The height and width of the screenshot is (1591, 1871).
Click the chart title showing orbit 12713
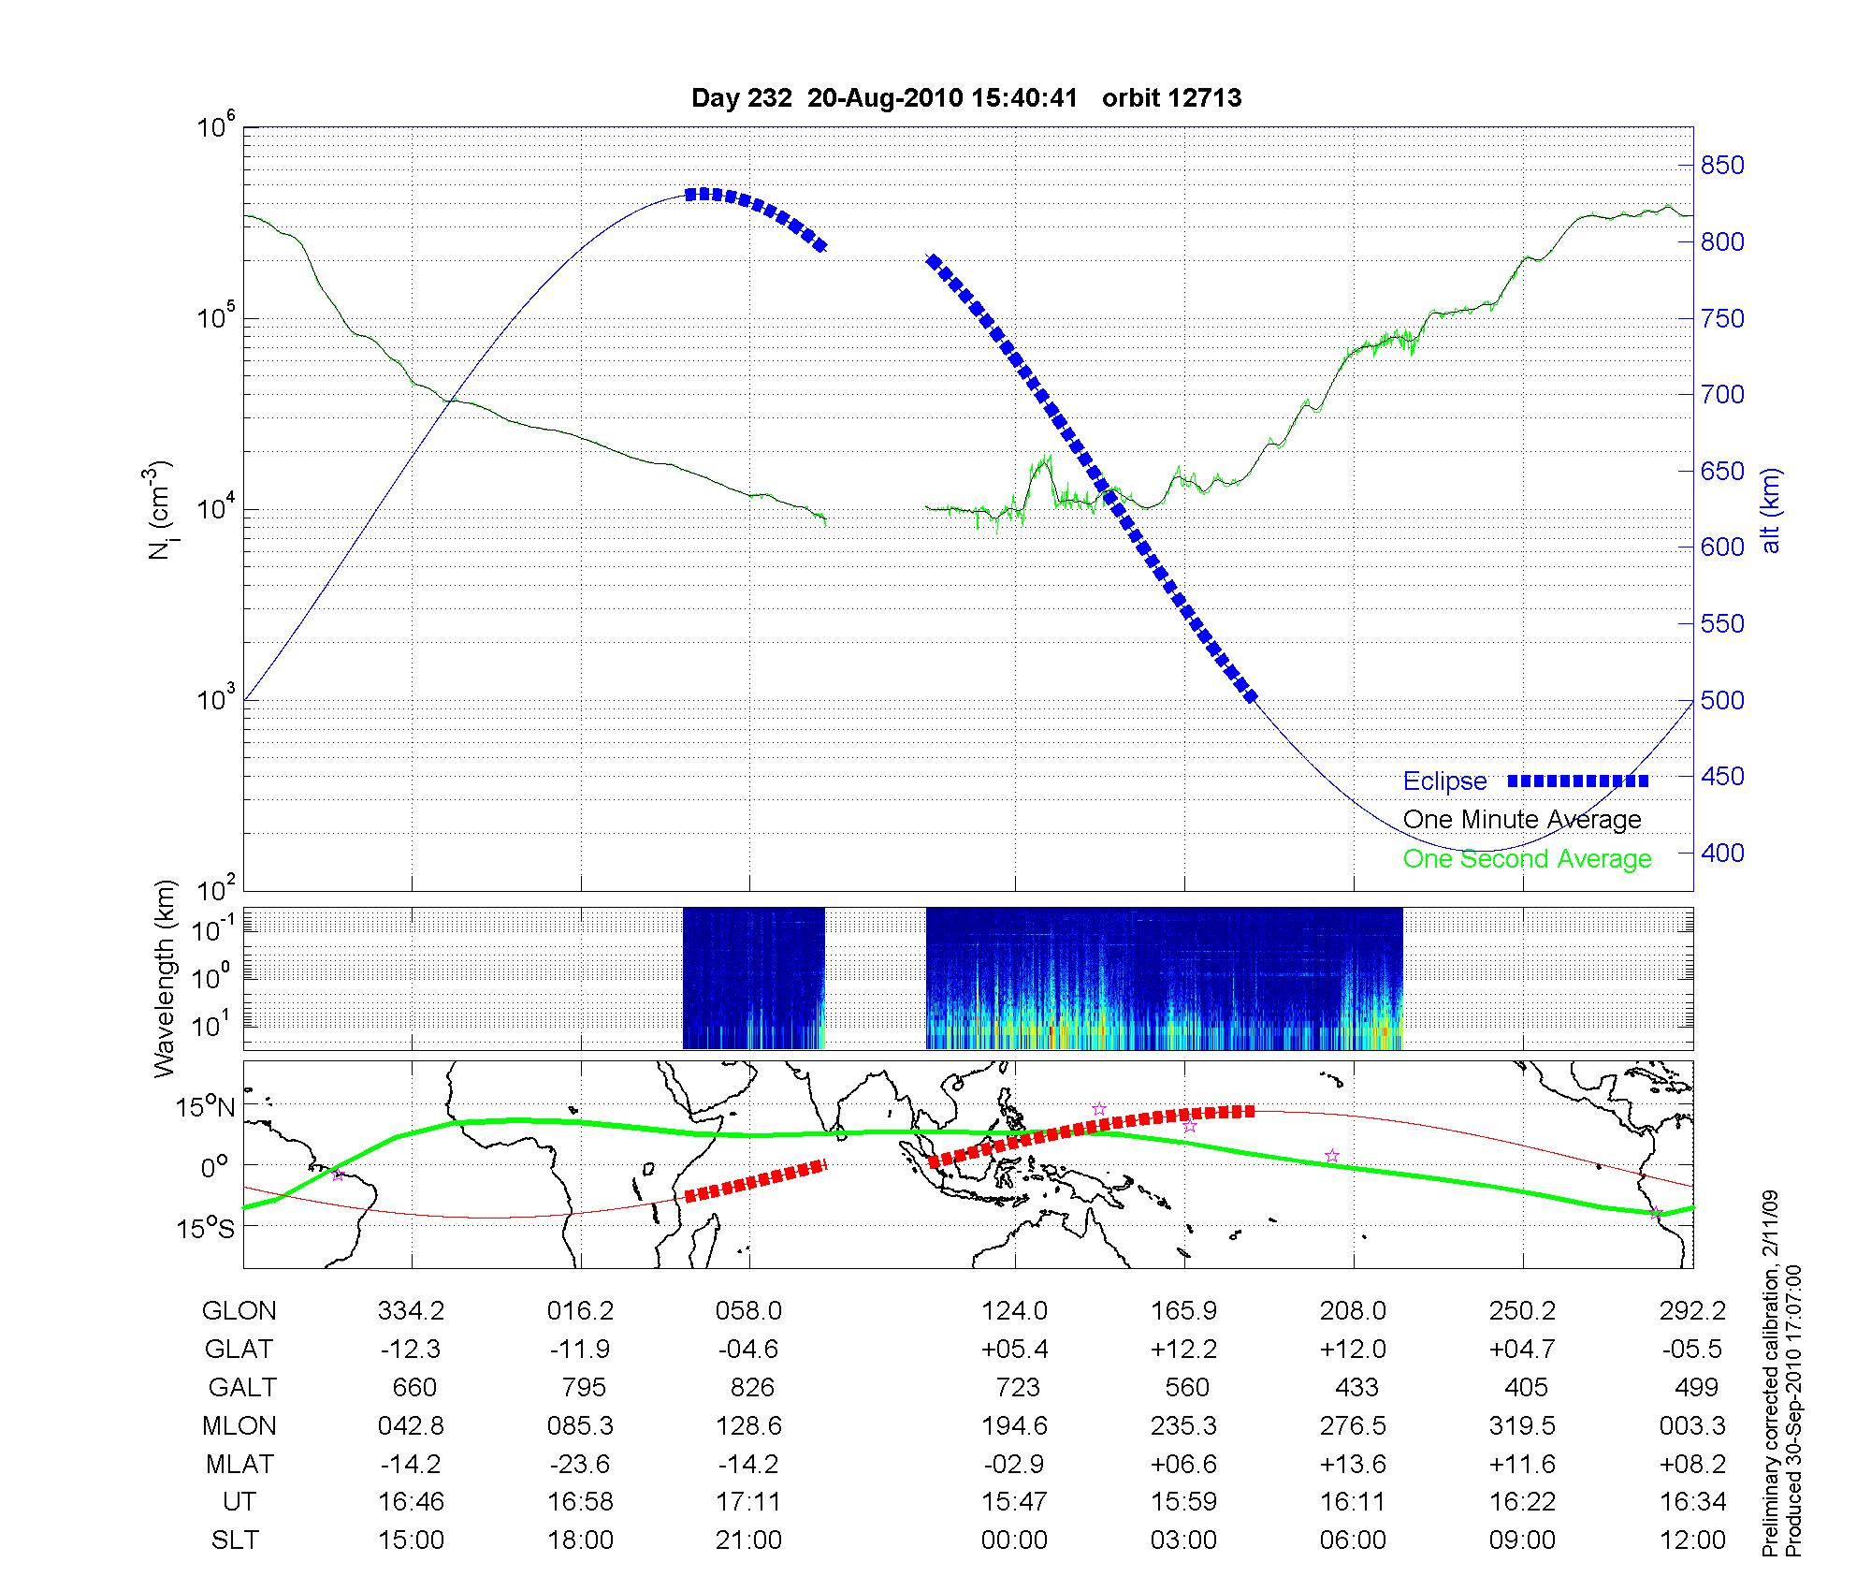coord(966,98)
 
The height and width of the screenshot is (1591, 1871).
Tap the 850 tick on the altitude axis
coord(1722,166)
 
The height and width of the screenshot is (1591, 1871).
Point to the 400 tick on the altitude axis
coord(1722,853)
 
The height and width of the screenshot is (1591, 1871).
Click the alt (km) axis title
coord(1771,510)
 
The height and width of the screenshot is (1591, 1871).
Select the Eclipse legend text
coord(1444,781)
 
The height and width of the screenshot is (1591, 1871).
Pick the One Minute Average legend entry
coord(1522,820)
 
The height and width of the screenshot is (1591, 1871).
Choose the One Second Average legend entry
coord(1527,859)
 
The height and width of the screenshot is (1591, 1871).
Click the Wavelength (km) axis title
coord(166,978)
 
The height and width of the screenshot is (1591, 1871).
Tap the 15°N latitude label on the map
coord(207,1108)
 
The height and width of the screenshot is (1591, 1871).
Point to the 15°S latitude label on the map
coord(207,1228)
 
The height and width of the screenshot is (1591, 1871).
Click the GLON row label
coord(239,1311)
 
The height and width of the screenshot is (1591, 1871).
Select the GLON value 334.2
coord(411,1311)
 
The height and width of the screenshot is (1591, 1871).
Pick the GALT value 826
coord(752,1388)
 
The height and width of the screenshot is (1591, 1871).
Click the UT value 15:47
coord(1014,1502)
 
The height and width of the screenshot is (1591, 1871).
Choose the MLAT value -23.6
coord(581,1464)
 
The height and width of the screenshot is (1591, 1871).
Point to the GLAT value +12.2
coord(1183,1350)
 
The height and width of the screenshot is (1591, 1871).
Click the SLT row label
coord(236,1540)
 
